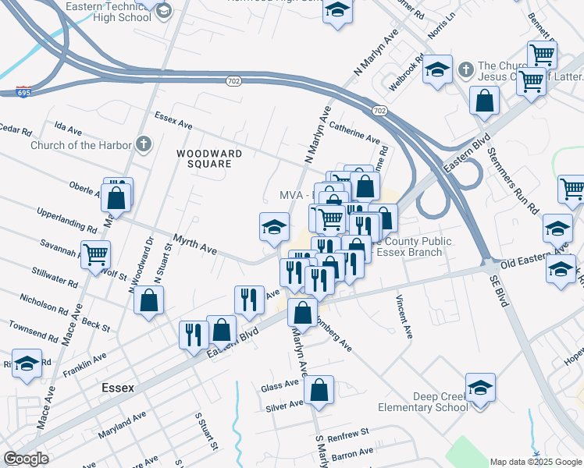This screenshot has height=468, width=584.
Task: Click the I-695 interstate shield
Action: (23, 92)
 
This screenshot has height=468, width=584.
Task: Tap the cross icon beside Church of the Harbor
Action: (143, 144)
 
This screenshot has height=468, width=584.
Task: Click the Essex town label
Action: (118, 388)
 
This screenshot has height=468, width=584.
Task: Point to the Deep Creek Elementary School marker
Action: (480, 388)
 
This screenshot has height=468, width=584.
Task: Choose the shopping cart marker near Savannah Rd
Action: (95, 253)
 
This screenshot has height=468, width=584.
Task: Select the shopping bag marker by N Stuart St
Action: (148, 300)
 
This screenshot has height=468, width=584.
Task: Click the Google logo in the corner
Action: (27, 459)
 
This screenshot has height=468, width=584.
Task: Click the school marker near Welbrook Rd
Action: (438, 68)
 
